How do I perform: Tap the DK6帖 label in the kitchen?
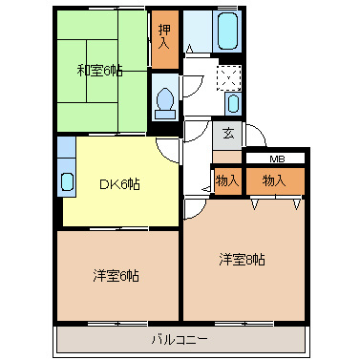point(120,184)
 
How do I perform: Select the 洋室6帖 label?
point(116,275)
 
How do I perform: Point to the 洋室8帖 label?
point(242,259)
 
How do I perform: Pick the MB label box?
point(275,159)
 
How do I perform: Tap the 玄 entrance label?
point(228,134)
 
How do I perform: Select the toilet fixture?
point(164,99)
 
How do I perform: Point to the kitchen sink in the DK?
point(66,180)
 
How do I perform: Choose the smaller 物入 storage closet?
point(227,180)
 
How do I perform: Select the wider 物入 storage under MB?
point(275,180)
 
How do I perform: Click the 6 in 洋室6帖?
point(124,275)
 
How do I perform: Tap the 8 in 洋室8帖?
point(250,259)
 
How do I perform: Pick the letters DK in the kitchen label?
point(108,184)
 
